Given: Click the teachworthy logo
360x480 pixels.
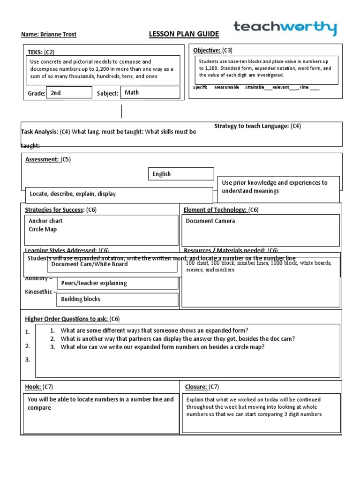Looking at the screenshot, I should pos(285,28).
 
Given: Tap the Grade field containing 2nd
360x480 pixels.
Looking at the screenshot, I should pos(69,93).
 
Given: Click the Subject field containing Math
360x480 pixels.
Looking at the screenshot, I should pos(150,92).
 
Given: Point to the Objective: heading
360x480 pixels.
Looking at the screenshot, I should pos(207,50).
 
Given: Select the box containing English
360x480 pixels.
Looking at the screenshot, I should pos(181,174).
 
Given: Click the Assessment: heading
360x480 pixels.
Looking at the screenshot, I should pos(42,159).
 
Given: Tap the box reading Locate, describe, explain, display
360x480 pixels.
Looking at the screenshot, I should pos(73,194).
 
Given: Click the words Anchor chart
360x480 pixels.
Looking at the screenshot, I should pos(45,221).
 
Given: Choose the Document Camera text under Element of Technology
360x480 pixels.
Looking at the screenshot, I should pos(210,221).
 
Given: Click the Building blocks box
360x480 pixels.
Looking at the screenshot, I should pos(81,299).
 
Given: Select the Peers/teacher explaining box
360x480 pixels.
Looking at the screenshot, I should pos(94,283).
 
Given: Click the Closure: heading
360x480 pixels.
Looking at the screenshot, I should pos(195,387).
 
